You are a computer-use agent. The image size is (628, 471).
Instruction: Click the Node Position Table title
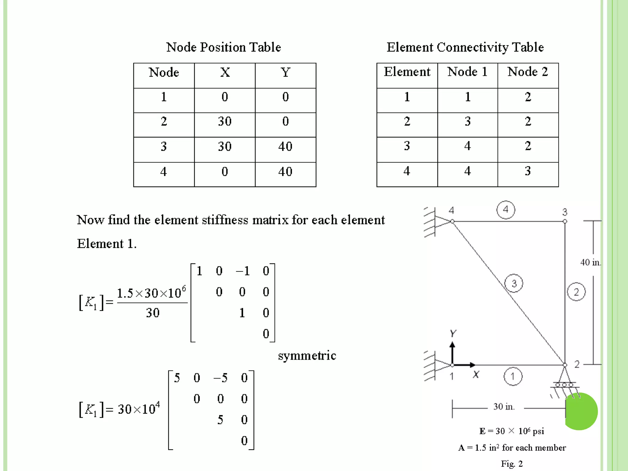[x=224, y=47]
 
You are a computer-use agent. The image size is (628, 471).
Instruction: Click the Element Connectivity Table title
[x=465, y=47]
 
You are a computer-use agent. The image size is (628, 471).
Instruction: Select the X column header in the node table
[x=225, y=73]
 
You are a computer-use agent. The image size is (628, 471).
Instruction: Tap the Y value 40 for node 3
[x=285, y=147]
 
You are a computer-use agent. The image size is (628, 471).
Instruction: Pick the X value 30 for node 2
[x=225, y=121]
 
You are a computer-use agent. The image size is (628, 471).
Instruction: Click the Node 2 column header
[x=527, y=72]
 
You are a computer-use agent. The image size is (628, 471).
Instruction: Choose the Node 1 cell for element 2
[x=467, y=121]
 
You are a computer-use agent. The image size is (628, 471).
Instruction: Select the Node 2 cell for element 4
[x=527, y=171]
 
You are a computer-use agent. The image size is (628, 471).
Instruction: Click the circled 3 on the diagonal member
[x=514, y=283]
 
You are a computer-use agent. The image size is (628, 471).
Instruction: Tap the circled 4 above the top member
[x=506, y=210]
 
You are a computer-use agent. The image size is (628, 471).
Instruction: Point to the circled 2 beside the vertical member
[x=576, y=292]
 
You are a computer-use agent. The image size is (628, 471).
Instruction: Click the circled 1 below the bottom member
[x=513, y=376]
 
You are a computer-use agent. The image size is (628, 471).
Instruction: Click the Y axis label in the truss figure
[x=453, y=333]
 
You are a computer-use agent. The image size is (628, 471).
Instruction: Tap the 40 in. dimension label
[x=590, y=262]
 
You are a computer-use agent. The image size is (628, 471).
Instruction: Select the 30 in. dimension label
[x=504, y=407]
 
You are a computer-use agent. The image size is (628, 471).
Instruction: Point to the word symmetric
[x=307, y=356]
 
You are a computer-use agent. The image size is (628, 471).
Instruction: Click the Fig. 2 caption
[x=512, y=464]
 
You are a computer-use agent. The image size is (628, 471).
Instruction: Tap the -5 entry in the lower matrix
[x=221, y=378]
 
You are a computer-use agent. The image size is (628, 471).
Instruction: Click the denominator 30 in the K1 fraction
[x=152, y=313]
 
